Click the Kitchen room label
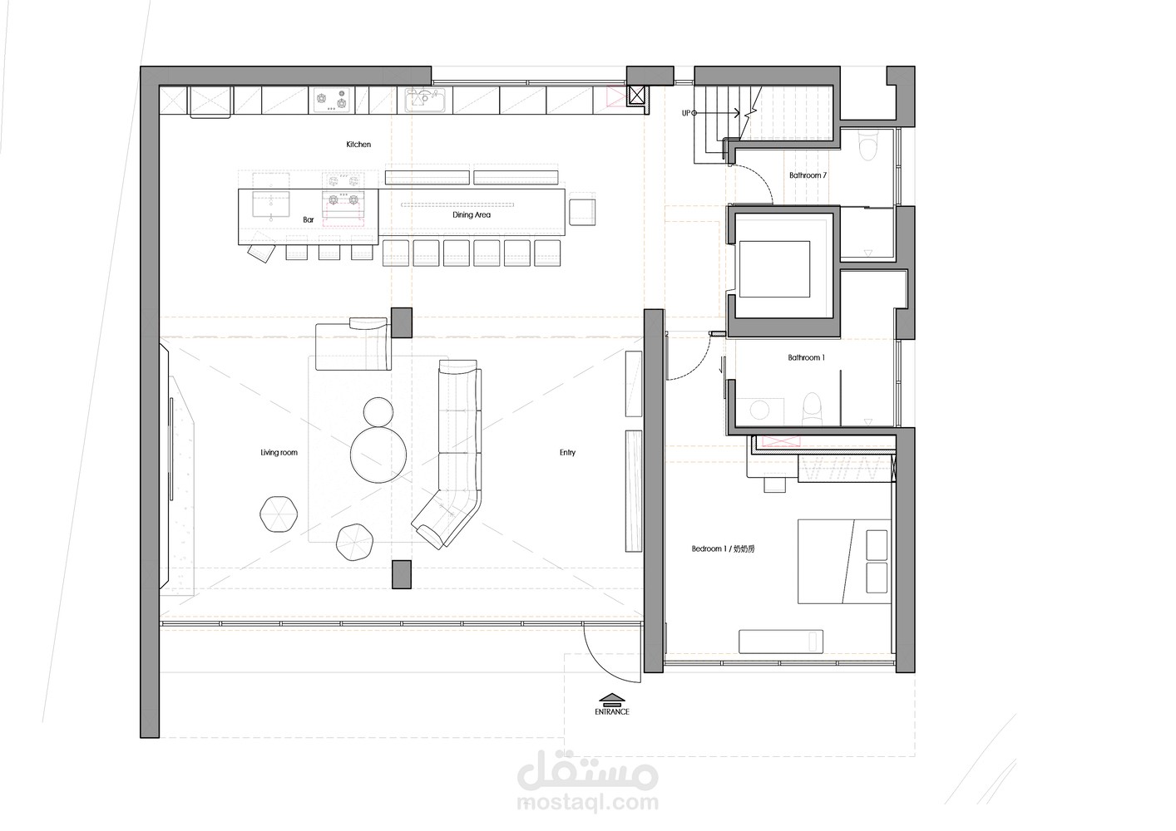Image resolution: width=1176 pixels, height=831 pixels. (x=358, y=145)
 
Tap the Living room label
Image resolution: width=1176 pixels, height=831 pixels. (x=279, y=452)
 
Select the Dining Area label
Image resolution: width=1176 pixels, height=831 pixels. (x=472, y=214)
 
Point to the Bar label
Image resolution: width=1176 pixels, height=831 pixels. (x=309, y=220)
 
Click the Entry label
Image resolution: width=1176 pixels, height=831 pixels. (x=567, y=452)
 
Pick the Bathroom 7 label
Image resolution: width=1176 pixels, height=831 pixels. (x=808, y=175)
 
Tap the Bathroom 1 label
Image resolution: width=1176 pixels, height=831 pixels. (x=806, y=358)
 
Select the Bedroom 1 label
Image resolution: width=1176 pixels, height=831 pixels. (x=723, y=548)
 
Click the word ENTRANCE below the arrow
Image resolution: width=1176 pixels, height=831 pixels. (x=611, y=712)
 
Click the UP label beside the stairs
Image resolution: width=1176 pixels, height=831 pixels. (x=685, y=113)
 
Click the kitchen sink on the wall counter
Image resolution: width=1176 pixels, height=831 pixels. (x=425, y=100)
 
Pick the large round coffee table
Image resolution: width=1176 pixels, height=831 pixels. (x=378, y=455)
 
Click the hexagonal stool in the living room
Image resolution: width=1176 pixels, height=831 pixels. (x=279, y=514)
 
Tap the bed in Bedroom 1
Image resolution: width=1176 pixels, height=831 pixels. (x=844, y=562)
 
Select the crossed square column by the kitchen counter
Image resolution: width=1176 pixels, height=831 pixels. (x=636, y=96)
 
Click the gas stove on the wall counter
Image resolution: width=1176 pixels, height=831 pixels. (x=331, y=100)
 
